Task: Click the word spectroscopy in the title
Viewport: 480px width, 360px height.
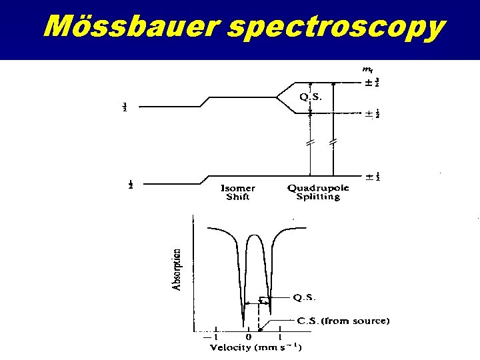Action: (x=335, y=27)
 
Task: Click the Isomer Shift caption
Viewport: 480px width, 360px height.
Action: (x=238, y=192)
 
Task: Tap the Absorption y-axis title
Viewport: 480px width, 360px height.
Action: (x=177, y=269)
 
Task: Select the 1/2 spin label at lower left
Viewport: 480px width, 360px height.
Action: (x=130, y=185)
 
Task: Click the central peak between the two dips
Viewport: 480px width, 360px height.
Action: (x=255, y=235)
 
